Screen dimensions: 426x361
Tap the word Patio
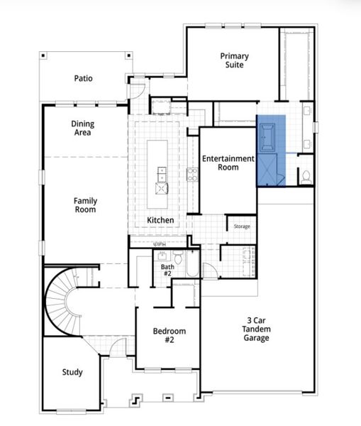click(x=84, y=79)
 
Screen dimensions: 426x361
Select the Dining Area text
click(x=82, y=128)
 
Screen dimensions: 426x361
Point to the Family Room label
click(x=85, y=205)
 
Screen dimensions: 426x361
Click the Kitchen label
click(x=160, y=220)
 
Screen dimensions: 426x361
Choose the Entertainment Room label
click(x=228, y=163)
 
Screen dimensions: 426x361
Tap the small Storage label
click(x=242, y=226)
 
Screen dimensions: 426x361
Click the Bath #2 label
click(x=167, y=271)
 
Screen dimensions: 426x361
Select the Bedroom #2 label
click(x=170, y=334)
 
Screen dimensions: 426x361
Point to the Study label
click(x=72, y=372)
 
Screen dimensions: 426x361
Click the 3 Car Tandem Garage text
click(x=256, y=328)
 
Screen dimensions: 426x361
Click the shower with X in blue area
click(x=270, y=170)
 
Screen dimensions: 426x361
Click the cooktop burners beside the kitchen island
click(x=191, y=174)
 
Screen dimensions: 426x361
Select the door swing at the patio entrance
click(x=136, y=91)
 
